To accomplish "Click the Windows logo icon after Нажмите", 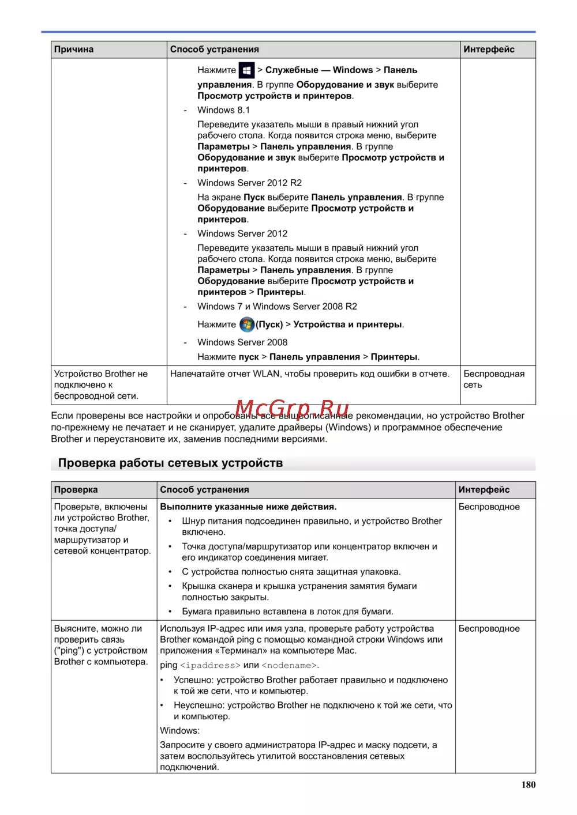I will point(246,70).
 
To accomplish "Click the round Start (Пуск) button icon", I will point(247,325).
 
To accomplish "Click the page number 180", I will point(528,784).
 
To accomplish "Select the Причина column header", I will point(74,50).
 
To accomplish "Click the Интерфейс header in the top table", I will point(489,50).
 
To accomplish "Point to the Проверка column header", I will point(76,490).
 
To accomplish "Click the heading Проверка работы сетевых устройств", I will point(170,463).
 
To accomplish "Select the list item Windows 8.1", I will point(223,110).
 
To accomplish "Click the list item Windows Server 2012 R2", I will point(249,183).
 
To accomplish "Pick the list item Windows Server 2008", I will point(242,342).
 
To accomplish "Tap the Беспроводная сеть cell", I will point(494,379).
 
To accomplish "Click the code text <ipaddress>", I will point(210,666).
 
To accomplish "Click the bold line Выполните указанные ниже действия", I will point(248,507).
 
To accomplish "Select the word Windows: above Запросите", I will point(179,731).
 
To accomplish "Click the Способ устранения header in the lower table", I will point(204,490).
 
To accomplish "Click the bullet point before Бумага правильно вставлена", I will point(170,612).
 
